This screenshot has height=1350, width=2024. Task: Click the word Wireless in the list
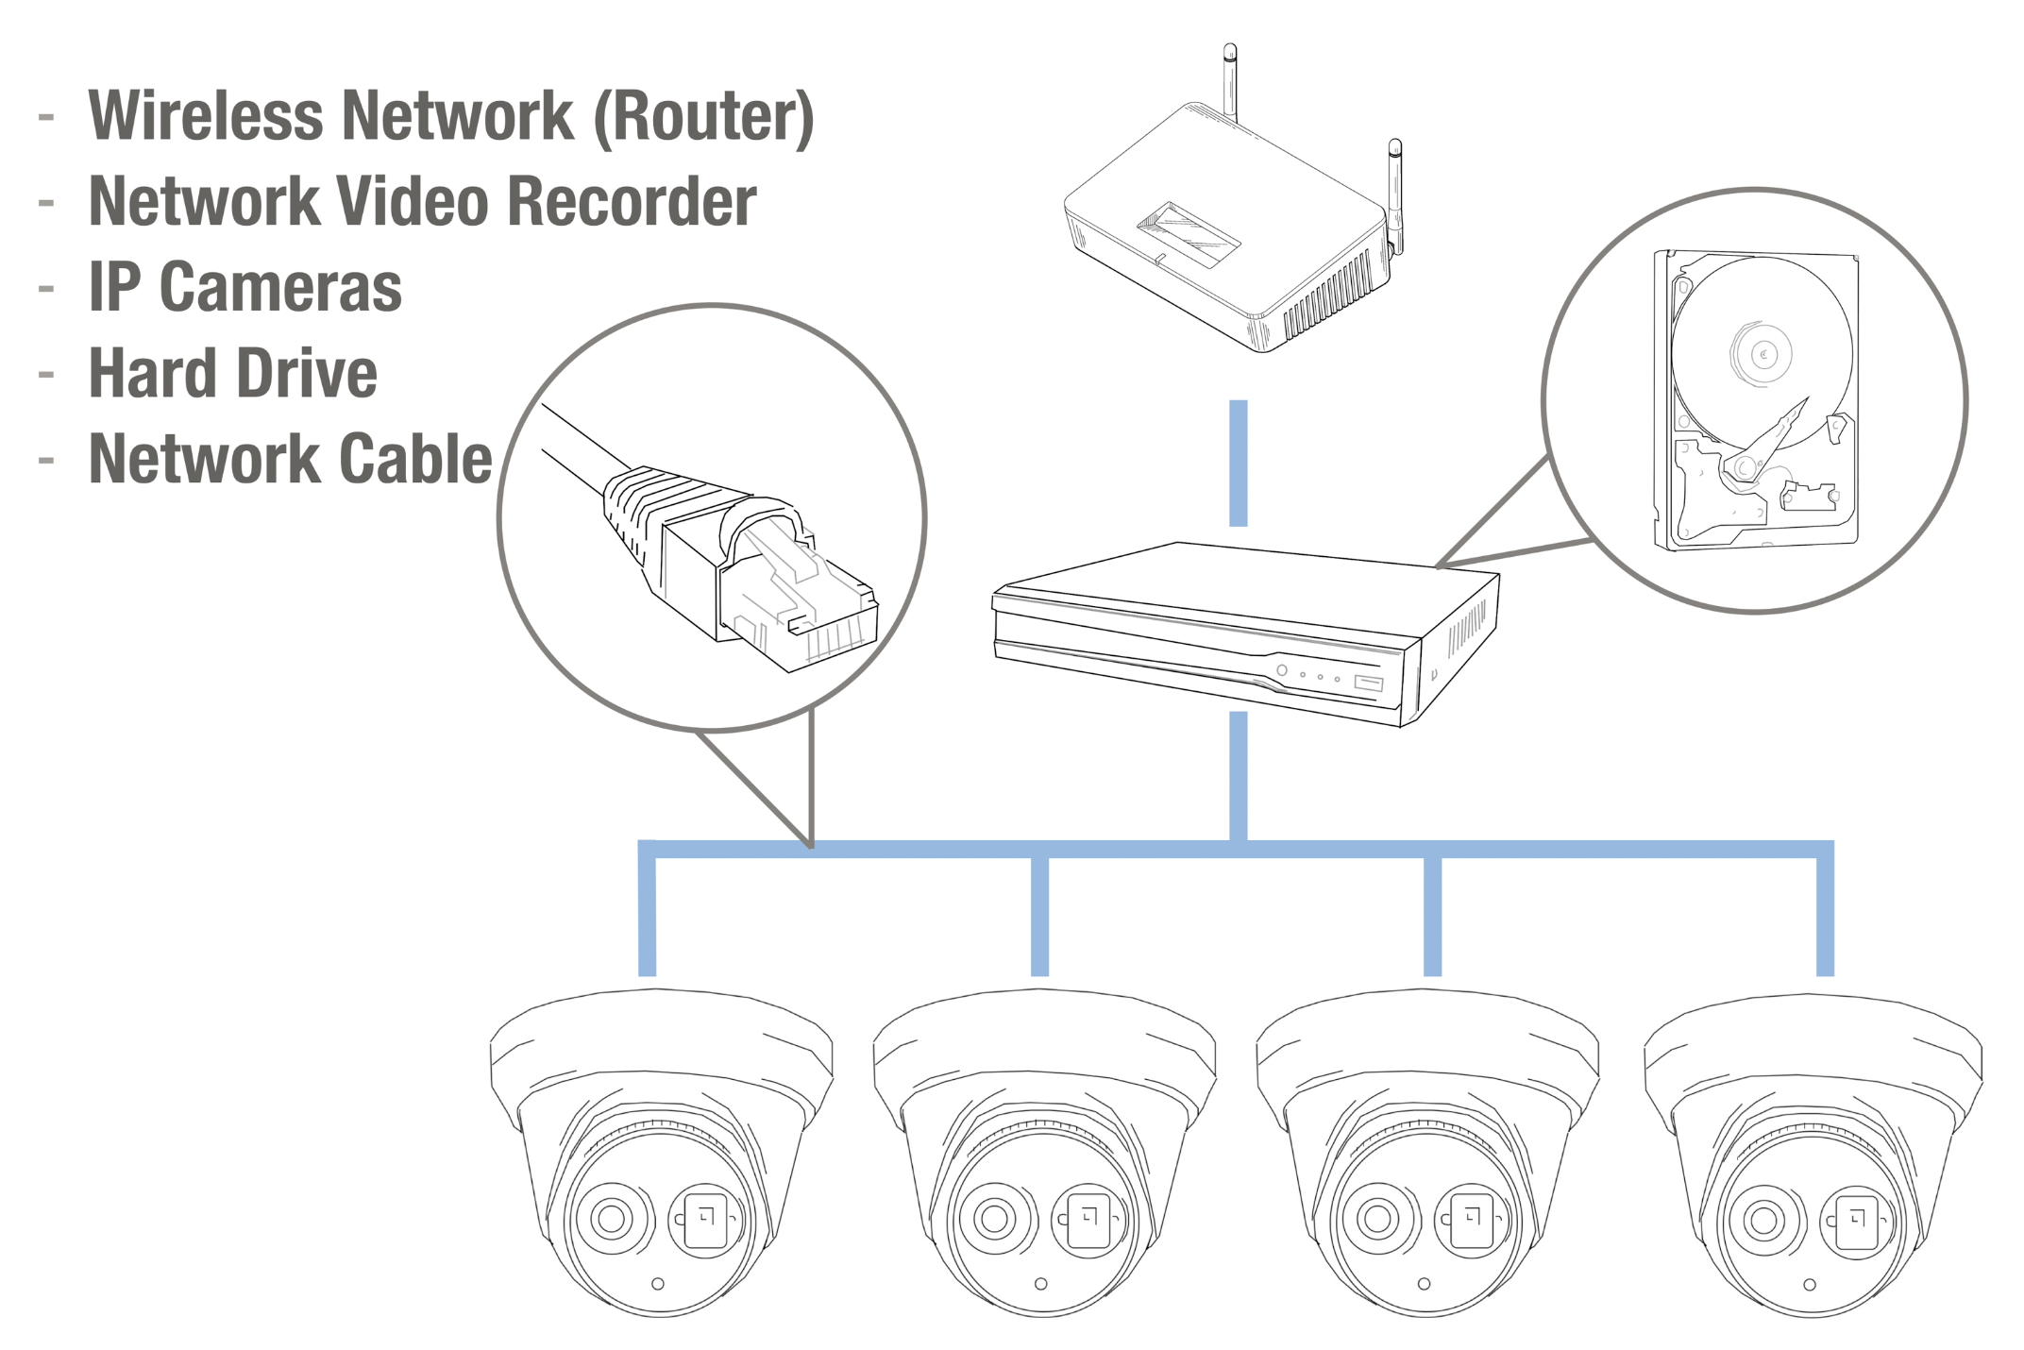(205, 116)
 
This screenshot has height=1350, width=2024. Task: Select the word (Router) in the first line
(703, 116)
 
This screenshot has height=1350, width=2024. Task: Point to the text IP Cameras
(245, 287)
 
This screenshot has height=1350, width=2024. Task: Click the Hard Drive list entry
(232, 373)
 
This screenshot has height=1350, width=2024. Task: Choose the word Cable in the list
(415, 459)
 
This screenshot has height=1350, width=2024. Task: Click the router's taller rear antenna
(1230, 80)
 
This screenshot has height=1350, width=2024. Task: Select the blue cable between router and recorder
(1239, 463)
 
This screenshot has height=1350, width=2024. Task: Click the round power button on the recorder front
(1282, 670)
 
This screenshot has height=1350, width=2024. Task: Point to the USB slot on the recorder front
(1369, 683)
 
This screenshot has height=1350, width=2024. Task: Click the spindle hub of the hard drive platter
(1763, 355)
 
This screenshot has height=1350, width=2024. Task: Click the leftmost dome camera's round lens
(612, 1218)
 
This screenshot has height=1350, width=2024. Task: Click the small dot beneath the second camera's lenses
(1041, 1284)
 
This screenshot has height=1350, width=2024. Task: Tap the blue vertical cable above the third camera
(1432, 916)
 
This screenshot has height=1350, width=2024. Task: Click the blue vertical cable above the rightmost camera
(1826, 916)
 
